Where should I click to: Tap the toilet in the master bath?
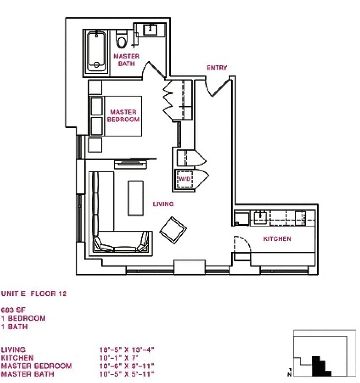click(122, 40)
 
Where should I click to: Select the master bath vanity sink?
click(149, 30)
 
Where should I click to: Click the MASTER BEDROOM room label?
click(123, 116)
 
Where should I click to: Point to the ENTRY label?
click(217, 68)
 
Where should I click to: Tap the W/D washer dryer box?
click(184, 179)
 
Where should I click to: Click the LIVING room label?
click(163, 204)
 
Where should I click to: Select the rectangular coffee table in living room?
click(136, 198)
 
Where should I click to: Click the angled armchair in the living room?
click(173, 230)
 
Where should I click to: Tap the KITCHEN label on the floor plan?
click(277, 239)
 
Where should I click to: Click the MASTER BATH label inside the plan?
click(126, 60)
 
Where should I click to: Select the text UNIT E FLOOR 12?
click(34, 294)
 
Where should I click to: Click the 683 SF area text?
click(13, 310)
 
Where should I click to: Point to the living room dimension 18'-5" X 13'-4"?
click(127, 350)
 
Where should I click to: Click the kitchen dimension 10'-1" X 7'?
click(118, 358)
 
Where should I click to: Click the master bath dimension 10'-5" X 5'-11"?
click(127, 374)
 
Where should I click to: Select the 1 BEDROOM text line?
click(23, 318)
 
